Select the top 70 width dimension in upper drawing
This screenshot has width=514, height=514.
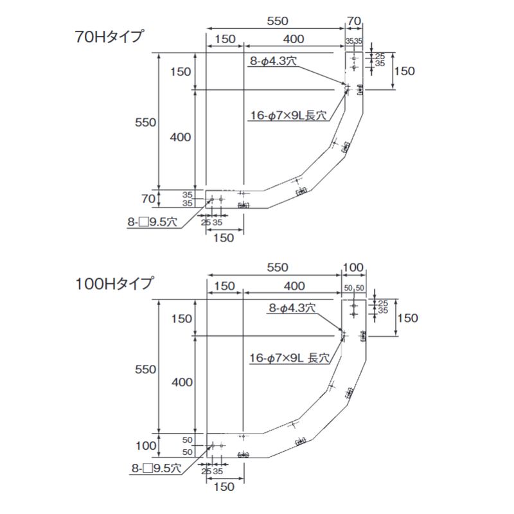[353, 21]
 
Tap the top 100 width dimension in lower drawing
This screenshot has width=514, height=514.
[353, 267]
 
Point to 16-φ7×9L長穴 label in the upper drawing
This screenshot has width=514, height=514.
[288, 116]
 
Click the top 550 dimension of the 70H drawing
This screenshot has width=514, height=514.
[277, 21]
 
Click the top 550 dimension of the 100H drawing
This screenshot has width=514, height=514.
[277, 267]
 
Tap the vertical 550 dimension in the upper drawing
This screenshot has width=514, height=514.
[145, 123]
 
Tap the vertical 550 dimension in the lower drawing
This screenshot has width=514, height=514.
[145, 369]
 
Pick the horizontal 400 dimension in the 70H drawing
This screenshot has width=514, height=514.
[293, 39]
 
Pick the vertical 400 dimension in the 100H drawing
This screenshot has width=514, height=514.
[182, 382]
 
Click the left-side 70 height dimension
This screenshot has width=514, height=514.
[148, 199]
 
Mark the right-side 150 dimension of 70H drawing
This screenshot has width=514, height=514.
[405, 71]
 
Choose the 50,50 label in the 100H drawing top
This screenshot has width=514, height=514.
[353, 288]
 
